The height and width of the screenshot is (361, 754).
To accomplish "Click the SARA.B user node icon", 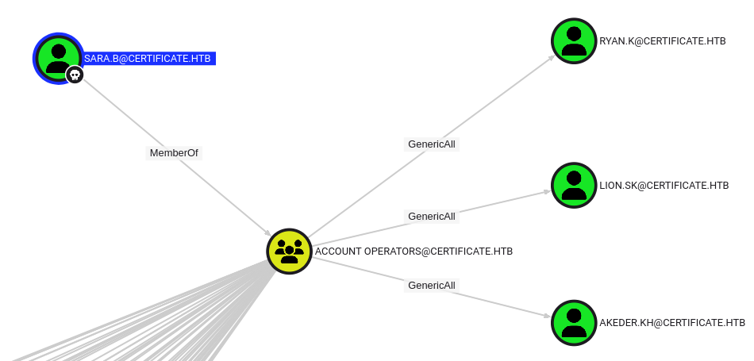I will tap(58, 56).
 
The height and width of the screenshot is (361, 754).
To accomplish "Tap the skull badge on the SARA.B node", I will tap(75, 75).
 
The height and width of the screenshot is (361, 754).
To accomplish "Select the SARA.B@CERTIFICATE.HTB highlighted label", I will tap(148, 59).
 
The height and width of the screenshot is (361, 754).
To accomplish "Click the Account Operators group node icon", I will tap(289, 251).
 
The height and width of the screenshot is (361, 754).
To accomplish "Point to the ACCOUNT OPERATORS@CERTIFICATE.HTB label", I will tap(414, 252).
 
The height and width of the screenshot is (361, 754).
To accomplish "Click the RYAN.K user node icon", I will tap(574, 40).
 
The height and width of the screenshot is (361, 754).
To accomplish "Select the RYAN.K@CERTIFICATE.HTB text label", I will tap(663, 41).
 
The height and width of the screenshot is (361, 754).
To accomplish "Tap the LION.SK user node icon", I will tap(574, 186).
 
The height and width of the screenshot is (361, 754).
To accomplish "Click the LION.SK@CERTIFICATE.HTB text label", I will tap(664, 186).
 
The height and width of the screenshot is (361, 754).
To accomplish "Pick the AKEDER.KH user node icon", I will tap(574, 323).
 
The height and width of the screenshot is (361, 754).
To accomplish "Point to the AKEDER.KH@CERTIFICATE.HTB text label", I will tap(672, 323).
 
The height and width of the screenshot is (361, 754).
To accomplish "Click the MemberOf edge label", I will tap(174, 152).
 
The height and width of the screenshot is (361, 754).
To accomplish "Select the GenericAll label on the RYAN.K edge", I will tap(432, 144).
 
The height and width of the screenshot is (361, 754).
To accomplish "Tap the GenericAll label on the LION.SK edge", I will tap(432, 216).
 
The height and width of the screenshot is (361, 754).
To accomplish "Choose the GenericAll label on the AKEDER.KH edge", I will tap(432, 285).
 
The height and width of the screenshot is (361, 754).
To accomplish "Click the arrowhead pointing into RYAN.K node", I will tap(551, 56).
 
